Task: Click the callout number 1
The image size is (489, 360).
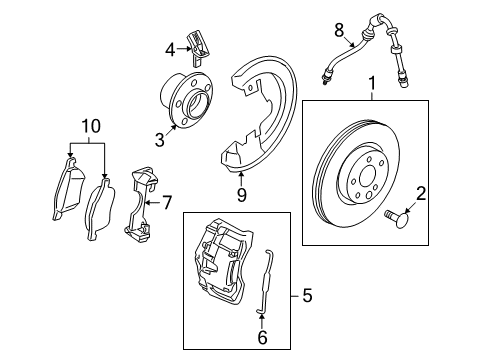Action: coord(373,85)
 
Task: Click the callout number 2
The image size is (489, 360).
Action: coord(421,192)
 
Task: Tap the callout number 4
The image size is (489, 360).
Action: coord(170,46)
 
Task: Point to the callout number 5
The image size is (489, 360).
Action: coord(308,296)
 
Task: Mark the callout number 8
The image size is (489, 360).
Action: coord(339,30)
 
